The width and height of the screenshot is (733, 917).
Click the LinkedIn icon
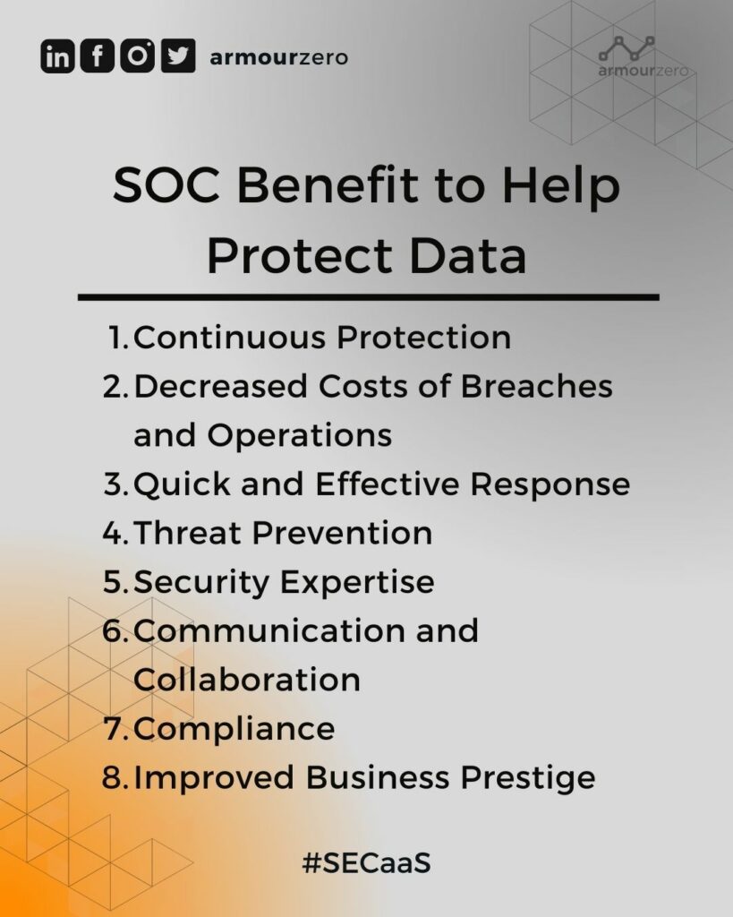[x=58, y=56]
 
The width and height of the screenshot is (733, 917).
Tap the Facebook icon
[x=98, y=56]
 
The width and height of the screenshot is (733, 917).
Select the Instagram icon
[x=137, y=56]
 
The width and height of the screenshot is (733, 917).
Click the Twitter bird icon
[x=178, y=56]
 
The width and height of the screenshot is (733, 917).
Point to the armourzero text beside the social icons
[x=278, y=58]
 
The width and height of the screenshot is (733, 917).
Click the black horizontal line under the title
[x=368, y=296]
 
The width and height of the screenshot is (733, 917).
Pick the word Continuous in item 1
[x=227, y=339]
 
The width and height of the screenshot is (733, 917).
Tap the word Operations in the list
[x=300, y=436]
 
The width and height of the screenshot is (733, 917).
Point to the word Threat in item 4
[x=188, y=534]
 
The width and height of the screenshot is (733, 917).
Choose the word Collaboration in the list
[x=246, y=680]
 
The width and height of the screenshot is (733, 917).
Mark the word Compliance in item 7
[x=234, y=728]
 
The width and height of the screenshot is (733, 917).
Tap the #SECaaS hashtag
[x=367, y=865]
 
